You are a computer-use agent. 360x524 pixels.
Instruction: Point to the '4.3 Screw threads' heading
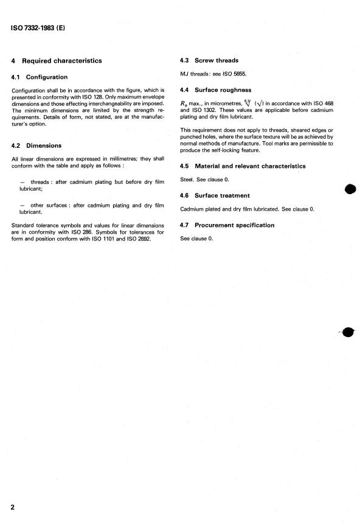tap(209, 60)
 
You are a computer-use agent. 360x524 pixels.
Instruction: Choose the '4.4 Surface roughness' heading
tap(215, 90)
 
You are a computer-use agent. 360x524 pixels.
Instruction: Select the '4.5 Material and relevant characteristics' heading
tap(243, 166)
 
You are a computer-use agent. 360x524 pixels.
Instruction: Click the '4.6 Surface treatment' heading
tap(215, 196)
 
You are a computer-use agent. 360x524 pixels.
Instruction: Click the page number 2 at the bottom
tap(12, 507)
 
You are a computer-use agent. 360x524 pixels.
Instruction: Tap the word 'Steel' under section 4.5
tap(187, 180)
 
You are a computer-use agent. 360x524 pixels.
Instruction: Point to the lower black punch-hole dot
tap(348, 332)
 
